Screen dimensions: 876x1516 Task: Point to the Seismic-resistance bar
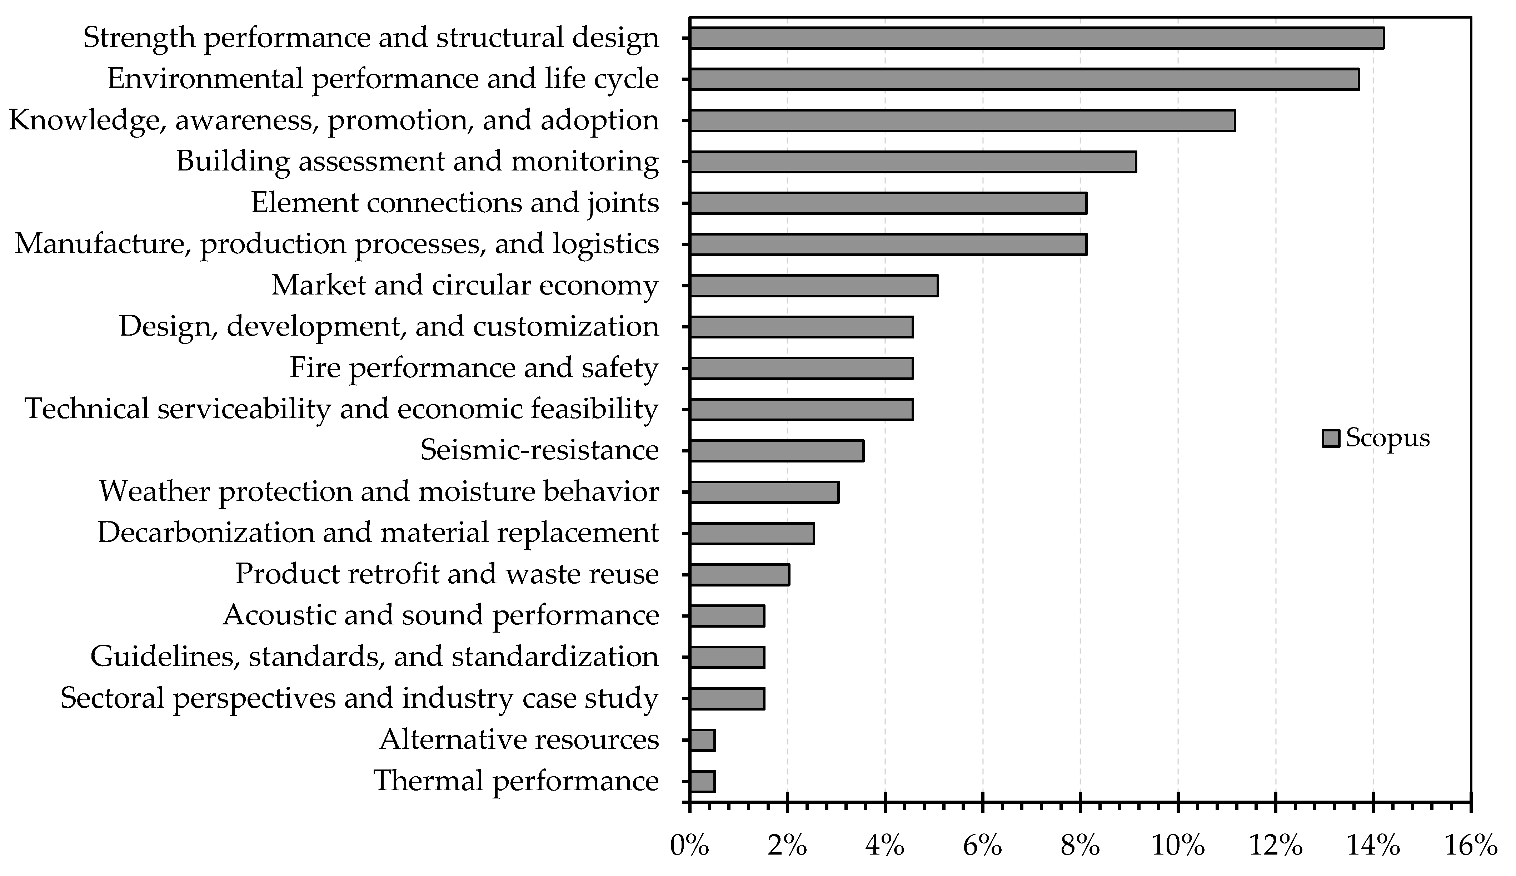(776, 451)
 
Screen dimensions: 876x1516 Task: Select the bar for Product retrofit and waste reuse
(739, 575)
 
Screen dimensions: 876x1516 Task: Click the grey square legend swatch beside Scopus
(1330, 438)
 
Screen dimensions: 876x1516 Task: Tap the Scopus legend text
(1387, 437)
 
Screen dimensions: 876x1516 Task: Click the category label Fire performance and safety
(474, 368)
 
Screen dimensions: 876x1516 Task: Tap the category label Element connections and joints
(455, 203)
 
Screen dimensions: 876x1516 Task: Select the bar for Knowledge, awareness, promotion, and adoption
(962, 120)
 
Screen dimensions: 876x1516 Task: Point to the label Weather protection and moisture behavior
(379, 491)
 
